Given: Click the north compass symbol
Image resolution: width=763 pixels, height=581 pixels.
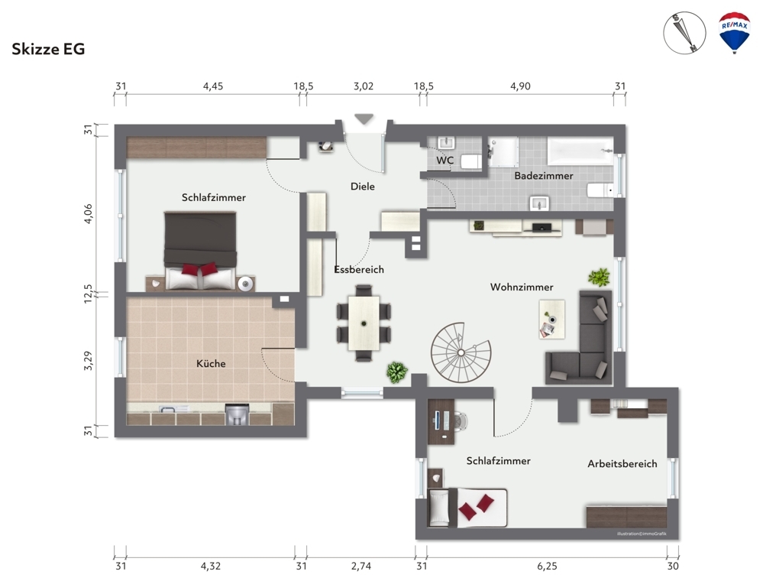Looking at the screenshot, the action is click(684, 33).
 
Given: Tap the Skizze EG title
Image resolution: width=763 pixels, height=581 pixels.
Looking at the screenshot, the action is click(48, 49).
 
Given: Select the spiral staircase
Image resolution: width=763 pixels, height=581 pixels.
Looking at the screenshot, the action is click(461, 352).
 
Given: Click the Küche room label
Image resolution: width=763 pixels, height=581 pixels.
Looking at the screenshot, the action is click(211, 363).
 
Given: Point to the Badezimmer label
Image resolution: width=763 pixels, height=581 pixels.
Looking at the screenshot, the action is click(544, 176).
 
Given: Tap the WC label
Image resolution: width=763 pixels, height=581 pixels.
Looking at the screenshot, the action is click(445, 161).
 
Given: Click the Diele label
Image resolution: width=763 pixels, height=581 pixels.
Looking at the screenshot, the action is click(363, 186).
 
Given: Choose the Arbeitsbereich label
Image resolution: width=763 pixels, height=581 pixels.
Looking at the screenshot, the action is click(622, 463).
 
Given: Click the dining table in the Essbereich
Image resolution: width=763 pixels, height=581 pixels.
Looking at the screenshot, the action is click(364, 323).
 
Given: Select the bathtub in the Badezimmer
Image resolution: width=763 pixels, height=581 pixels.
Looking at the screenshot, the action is click(580, 151).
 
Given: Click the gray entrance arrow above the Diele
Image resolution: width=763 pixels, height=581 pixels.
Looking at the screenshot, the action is click(364, 118).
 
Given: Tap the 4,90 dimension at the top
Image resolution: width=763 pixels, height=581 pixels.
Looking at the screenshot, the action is click(520, 86).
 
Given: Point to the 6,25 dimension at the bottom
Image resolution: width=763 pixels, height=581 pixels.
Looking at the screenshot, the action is click(547, 566).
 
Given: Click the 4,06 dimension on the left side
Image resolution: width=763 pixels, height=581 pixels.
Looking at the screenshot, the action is click(88, 213).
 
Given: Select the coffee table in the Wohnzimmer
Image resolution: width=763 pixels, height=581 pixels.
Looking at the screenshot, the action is click(551, 319).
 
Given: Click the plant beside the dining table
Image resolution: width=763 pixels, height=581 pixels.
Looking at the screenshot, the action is click(397, 372).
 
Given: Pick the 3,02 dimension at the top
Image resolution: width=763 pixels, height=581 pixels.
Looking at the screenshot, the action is click(364, 86).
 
